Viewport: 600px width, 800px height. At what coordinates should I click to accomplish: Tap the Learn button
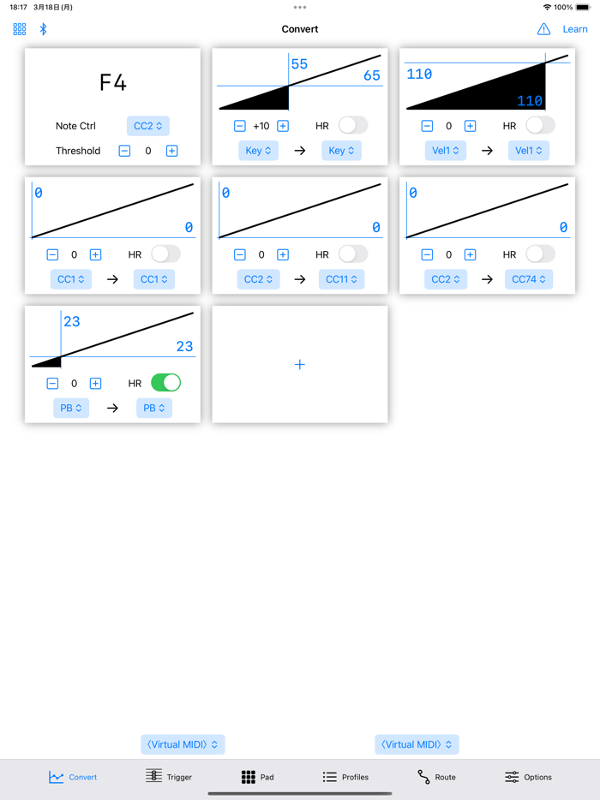pos(575,29)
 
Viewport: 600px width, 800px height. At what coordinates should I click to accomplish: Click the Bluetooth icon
pos(44,29)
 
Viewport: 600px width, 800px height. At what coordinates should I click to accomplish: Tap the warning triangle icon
pos(543,29)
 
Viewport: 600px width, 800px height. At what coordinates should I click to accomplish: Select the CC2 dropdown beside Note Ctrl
pos(148,126)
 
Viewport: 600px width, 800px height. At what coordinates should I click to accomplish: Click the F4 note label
pos(113,82)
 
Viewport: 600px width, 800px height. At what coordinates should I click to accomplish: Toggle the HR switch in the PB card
pos(166,383)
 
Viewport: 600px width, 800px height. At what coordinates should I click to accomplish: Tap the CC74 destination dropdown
pos(529,279)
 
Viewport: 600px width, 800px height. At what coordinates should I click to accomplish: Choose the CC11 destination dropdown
pos(342,279)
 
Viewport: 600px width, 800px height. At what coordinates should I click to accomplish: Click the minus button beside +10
pos(240,126)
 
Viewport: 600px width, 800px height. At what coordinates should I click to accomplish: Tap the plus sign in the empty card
pos(300,364)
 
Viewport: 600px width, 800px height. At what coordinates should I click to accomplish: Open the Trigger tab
pos(169,777)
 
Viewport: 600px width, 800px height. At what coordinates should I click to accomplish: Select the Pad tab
pos(257,777)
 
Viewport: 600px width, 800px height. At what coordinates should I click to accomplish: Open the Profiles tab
pos(345,777)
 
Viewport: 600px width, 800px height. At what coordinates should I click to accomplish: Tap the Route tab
pos(436,777)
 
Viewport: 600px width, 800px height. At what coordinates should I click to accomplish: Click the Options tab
pos(528,777)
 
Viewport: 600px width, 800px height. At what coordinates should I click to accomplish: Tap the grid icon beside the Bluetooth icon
pos(20,29)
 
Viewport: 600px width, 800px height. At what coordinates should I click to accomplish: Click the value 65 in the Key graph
pos(372,75)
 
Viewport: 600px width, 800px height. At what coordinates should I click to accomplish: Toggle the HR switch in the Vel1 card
pos(540,125)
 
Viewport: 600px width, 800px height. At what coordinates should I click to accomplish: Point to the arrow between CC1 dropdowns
pos(113,279)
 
